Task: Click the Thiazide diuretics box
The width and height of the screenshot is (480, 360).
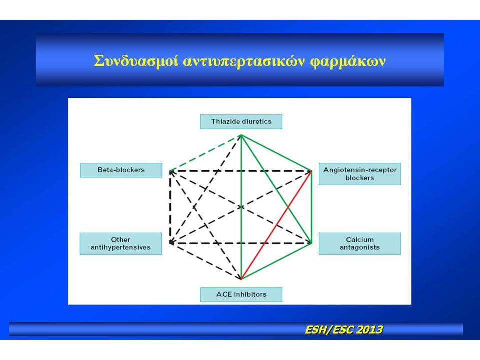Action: click(241, 122)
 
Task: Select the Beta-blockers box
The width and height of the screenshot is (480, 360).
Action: click(121, 170)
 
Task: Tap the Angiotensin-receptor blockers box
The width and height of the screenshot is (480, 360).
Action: click(360, 174)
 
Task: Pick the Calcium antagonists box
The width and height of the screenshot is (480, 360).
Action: click(360, 244)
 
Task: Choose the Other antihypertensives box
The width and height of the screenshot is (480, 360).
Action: click(121, 244)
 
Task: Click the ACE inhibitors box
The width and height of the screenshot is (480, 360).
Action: click(241, 295)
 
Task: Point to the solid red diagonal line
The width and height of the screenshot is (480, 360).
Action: click(276, 225)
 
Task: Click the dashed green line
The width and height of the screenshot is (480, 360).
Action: click(206, 153)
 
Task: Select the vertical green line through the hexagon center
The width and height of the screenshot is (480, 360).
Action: click(241, 207)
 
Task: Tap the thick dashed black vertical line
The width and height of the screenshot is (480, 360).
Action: click(170, 207)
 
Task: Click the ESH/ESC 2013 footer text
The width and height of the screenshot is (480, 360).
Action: click(344, 330)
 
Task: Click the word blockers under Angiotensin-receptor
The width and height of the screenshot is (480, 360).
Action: click(360, 178)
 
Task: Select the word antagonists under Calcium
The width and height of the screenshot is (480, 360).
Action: click(360, 247)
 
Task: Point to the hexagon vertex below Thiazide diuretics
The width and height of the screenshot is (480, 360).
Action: click(241, 135)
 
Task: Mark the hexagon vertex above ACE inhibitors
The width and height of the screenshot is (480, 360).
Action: click(241, 279)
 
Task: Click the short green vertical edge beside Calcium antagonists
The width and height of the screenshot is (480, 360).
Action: click(311, 207)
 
